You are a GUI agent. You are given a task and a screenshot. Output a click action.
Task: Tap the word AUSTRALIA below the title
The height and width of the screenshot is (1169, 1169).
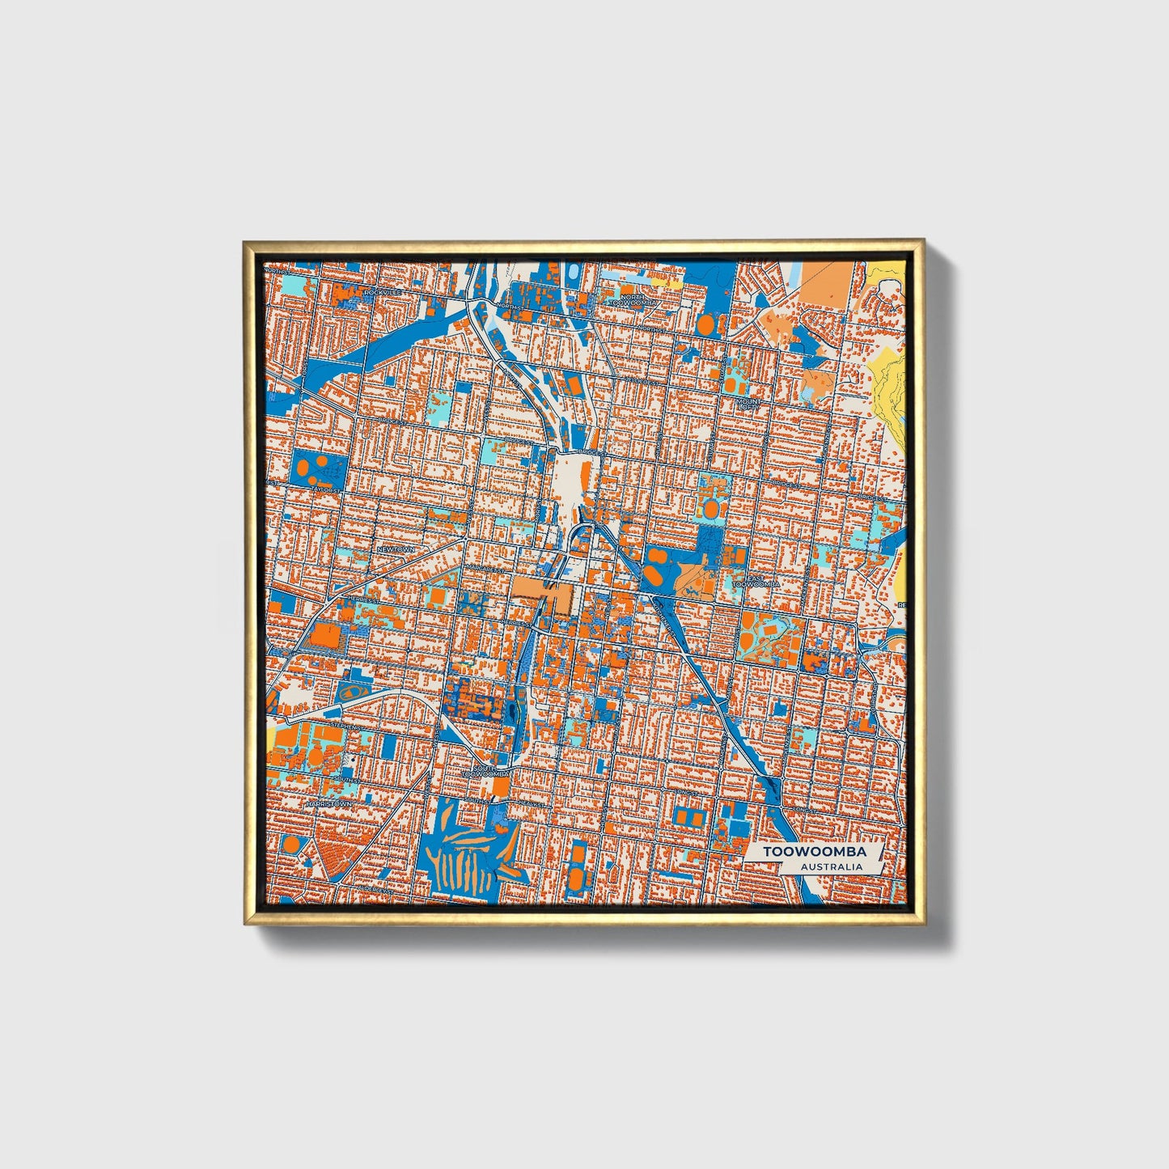pos(830,866)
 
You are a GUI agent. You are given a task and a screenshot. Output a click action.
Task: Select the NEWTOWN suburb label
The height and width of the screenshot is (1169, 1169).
pos(396,549)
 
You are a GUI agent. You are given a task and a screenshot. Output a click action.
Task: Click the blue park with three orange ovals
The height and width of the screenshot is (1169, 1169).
pos(317,467)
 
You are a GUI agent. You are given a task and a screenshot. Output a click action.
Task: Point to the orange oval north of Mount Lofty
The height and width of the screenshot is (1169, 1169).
pos(706,324)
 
